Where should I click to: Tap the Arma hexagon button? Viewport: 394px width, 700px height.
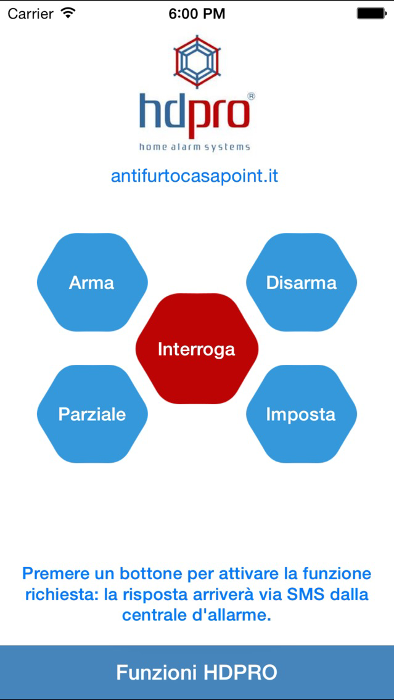[x=92, y=283]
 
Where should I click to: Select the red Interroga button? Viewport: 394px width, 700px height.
[x=197, y=349]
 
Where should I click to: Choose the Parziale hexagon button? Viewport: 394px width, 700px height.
[x=92, y=414]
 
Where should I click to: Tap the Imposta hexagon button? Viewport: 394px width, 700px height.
[x=302, y=414]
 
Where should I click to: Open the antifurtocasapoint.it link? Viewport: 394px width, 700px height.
[x=195, y=176]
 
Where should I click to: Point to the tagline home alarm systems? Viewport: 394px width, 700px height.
[x=195, y=147]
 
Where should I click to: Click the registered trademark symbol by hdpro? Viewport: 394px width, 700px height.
[x=251, y=96]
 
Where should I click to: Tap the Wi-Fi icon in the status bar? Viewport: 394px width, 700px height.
[x=68, y=13]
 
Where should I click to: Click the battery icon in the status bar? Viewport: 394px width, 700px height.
[x=371, y=14]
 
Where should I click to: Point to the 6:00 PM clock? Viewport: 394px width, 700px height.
[x=197, y=14]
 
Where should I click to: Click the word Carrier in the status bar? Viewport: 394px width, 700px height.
[x=30, y=14]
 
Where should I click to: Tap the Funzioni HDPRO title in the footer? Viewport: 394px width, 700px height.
[x=197, y=672]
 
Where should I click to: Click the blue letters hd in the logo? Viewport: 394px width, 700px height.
[x=163, y=110]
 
